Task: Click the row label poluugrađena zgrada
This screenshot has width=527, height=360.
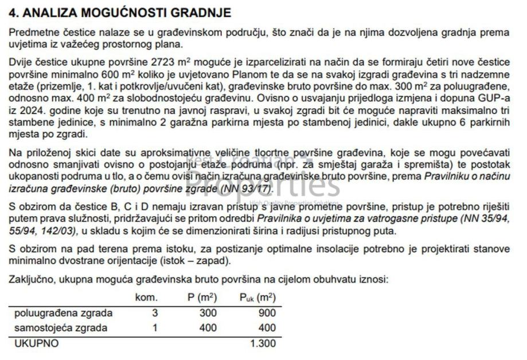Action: pos(64,313)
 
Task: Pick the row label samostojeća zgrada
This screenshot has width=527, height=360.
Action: pos(61,328)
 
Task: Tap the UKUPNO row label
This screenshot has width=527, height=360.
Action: pos(36,344)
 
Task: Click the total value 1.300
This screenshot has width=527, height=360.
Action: pos(263,344)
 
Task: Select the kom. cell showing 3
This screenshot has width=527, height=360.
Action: pos(155,313)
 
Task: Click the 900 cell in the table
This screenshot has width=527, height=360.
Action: pos(267,313)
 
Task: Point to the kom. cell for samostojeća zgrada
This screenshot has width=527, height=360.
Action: pos(155,328)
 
